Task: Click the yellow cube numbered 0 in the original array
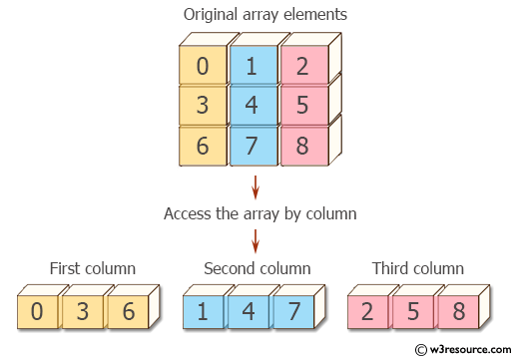click(203, 67)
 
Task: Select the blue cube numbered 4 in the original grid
click(253, 106)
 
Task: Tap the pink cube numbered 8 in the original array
click(302, 146)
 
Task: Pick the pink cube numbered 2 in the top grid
click(302, 67)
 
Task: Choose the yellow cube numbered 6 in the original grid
click(203, 146)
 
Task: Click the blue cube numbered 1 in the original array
click(253, 67)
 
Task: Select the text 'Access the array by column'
click(259, 213)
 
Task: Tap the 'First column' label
click(93, 269)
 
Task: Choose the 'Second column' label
click(258, 269)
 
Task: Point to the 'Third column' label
click(418, 269)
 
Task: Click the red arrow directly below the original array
click(256, 186)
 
